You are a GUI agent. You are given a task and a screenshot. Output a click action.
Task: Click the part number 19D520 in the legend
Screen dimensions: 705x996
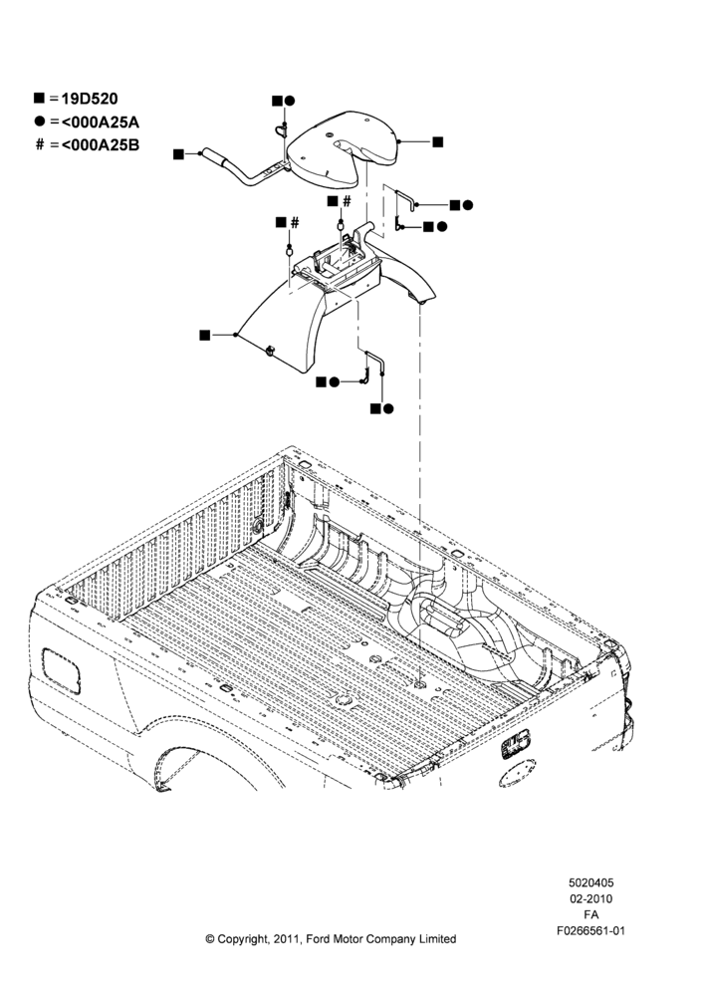[x=90, y=99]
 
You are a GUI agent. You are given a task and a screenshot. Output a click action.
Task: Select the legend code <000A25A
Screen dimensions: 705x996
[x=100, y=122]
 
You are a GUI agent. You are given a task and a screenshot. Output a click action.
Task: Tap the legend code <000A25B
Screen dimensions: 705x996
[x=100, y=144]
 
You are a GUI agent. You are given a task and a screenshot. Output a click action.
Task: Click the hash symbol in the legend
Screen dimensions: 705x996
[x=40, y=144]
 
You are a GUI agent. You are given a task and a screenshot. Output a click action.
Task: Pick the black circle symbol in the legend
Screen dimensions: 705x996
[x=40, y=121]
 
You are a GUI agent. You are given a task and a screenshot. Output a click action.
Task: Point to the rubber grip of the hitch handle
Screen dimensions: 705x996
[x=215, y=157]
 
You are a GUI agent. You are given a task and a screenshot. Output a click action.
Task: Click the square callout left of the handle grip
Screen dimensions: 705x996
[x=178, y=153]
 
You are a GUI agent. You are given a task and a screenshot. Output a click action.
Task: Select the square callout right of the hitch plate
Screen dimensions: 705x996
[x=437, y=141]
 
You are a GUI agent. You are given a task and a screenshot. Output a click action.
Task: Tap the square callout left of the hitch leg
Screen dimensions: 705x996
[x=204, y=335]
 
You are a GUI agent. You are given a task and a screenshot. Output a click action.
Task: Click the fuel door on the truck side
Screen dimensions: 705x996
[x=61, y=670]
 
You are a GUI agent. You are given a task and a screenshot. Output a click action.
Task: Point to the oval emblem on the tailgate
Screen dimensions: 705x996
[x=517, y=775]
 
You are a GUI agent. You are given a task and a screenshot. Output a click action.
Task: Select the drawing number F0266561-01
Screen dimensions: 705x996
[x=590, y=931]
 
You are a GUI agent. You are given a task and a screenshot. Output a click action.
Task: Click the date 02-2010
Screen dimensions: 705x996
[x=590, y=898]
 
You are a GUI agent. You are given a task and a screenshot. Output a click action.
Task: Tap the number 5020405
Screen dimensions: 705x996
[x=590, y=882]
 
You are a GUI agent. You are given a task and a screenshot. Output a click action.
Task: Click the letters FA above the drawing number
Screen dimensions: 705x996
[x=590, y=915]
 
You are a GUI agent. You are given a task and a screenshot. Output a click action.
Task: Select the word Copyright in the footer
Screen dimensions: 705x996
[x=244, y=939]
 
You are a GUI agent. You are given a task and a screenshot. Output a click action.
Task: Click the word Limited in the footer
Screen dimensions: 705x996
[x=437, y=939]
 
